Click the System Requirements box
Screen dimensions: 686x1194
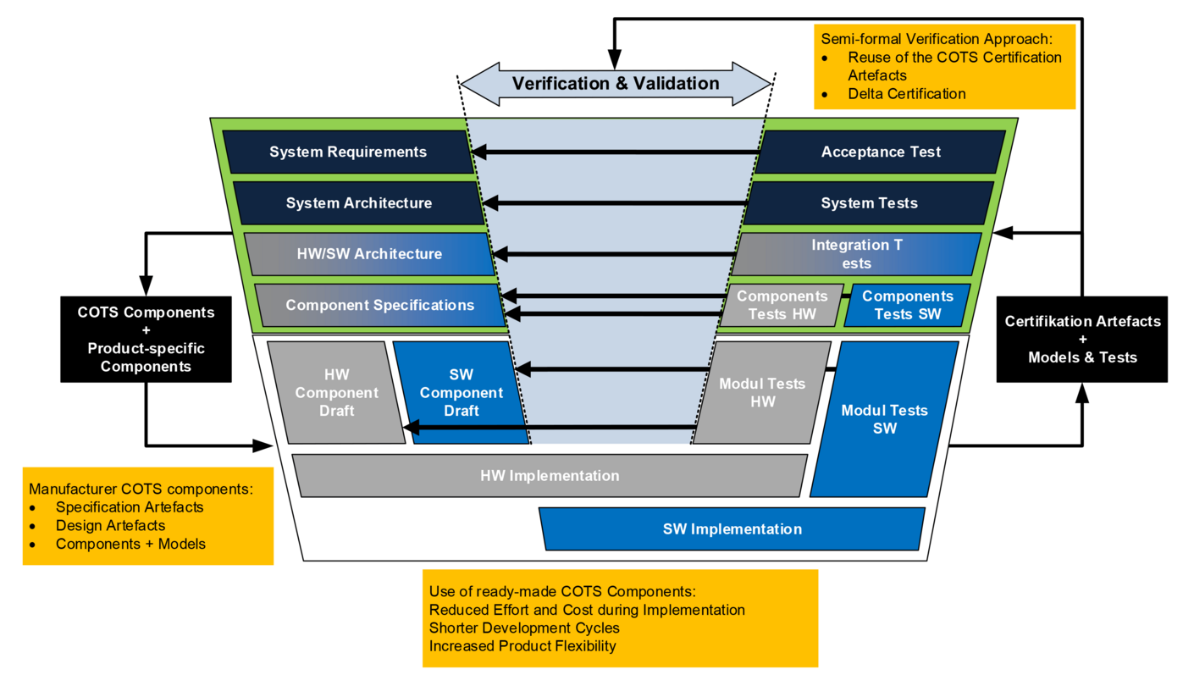click(348, 152)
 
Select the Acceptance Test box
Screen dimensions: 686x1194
click(881, 152)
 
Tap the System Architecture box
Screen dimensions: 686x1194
click(359, 203)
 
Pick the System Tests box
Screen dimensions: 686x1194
click(869, 203)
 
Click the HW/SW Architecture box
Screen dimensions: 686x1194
click(369, 254)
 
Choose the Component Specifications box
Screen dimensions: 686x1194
click(380, 305)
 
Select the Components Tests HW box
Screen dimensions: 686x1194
click(781, 305)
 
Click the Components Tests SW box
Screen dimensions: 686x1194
click(907, 305)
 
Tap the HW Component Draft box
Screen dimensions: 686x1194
click(336, 393)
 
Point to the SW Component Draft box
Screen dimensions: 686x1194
click(462, 393)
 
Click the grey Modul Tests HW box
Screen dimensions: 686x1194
click(762, 393)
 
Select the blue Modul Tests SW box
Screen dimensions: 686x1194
click(884, 419)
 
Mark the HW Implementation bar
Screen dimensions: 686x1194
click(550, 476)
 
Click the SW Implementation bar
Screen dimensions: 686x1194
click(732, 529)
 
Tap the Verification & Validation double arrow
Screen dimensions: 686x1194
click(616, 84)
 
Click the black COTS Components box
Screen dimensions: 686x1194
click(146, 339)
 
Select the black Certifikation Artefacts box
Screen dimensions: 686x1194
click(1082, 339)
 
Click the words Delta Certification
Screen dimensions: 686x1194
click(906, 94)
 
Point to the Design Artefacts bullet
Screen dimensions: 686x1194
click(110, 526)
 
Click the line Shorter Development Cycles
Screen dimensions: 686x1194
click(524, 628)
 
